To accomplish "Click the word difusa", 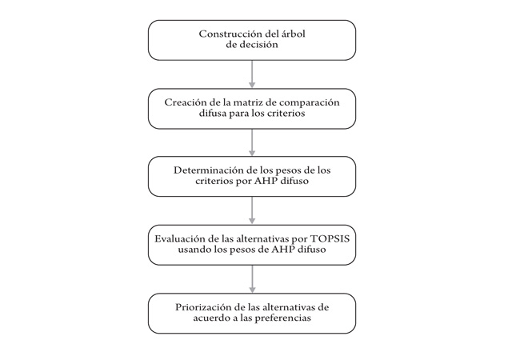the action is (x=212, y=113).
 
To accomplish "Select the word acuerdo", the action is (x=211, y=318).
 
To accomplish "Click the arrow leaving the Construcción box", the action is (x=252, y=74).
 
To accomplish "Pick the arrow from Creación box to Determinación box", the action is (x=252, y=142).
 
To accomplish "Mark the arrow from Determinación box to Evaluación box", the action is (x=252, y=210).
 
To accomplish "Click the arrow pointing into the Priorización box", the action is (x=252, y=279).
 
